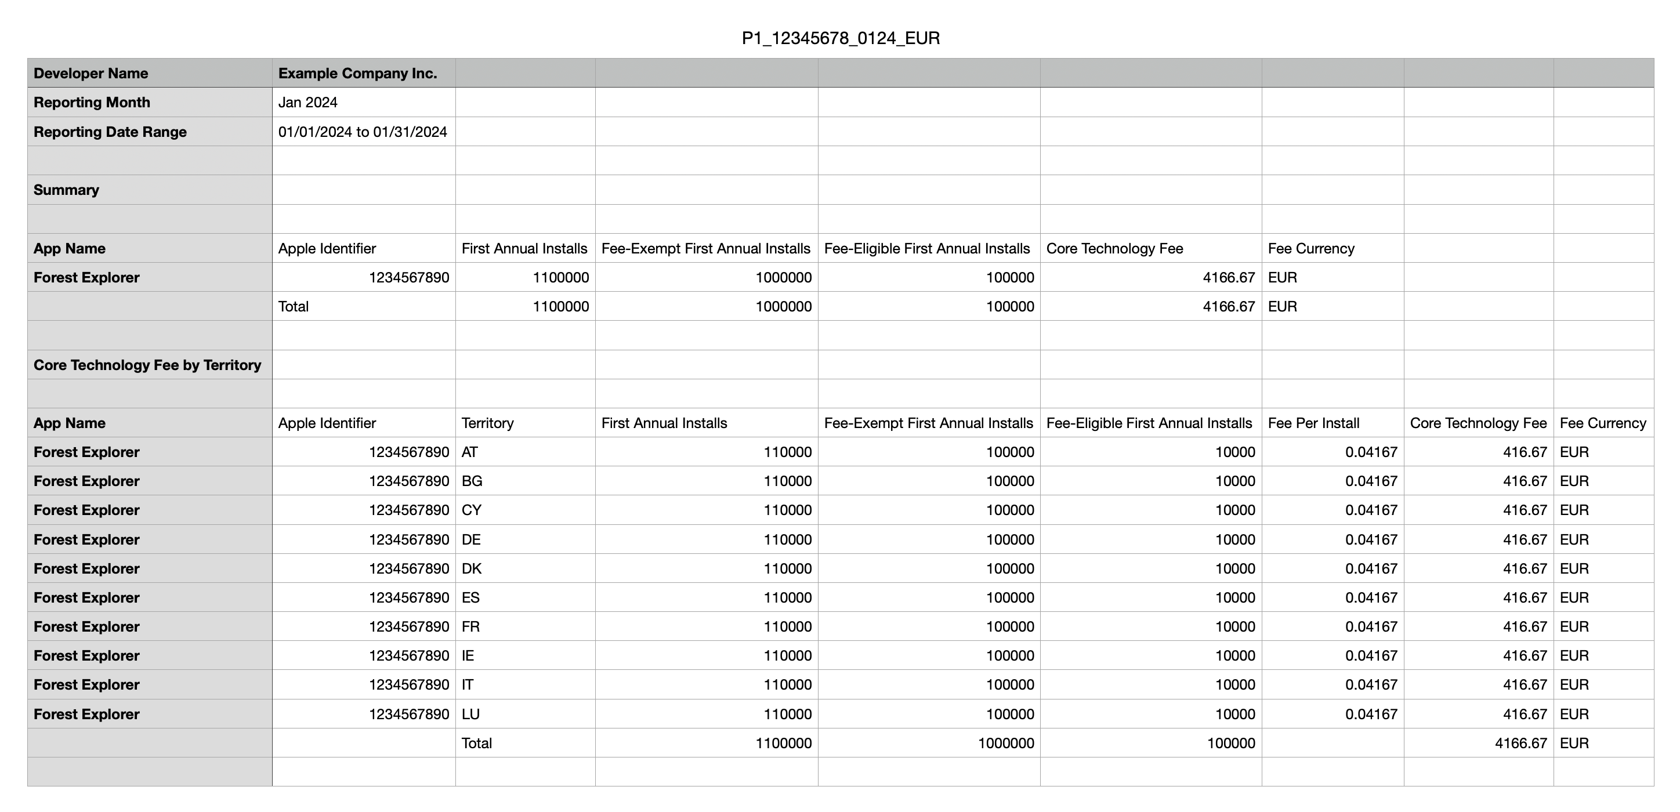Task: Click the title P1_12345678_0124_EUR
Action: [x=840, y=38]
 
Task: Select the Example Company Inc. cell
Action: [x=357, y=73]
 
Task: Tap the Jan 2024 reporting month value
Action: [x=308, y=103]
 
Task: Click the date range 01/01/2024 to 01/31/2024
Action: [x=363, y=132]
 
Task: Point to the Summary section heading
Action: [x=67, y=190]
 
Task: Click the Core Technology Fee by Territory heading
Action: [x=147, y=365]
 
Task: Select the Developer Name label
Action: [x=90, y=73]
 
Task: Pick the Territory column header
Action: [x=487, y=423]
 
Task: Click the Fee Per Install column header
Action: [x=1313, y=423]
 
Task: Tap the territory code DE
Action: [x=471, y=539]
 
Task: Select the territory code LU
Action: [x=470, y=714]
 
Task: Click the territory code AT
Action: [x=469, y=452]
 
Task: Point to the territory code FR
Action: [x=470, y=627]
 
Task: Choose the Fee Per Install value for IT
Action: [x=1371, y=685]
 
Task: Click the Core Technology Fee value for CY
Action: [x=1525, y=510]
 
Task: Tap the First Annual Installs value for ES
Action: [x=787, y=597]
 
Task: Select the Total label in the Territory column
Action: [x=476, y=743]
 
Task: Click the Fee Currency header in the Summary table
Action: [x=1311, y=248]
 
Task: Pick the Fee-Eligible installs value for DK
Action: [x=1234, y=569]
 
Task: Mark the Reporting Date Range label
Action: [x=110, y=132]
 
